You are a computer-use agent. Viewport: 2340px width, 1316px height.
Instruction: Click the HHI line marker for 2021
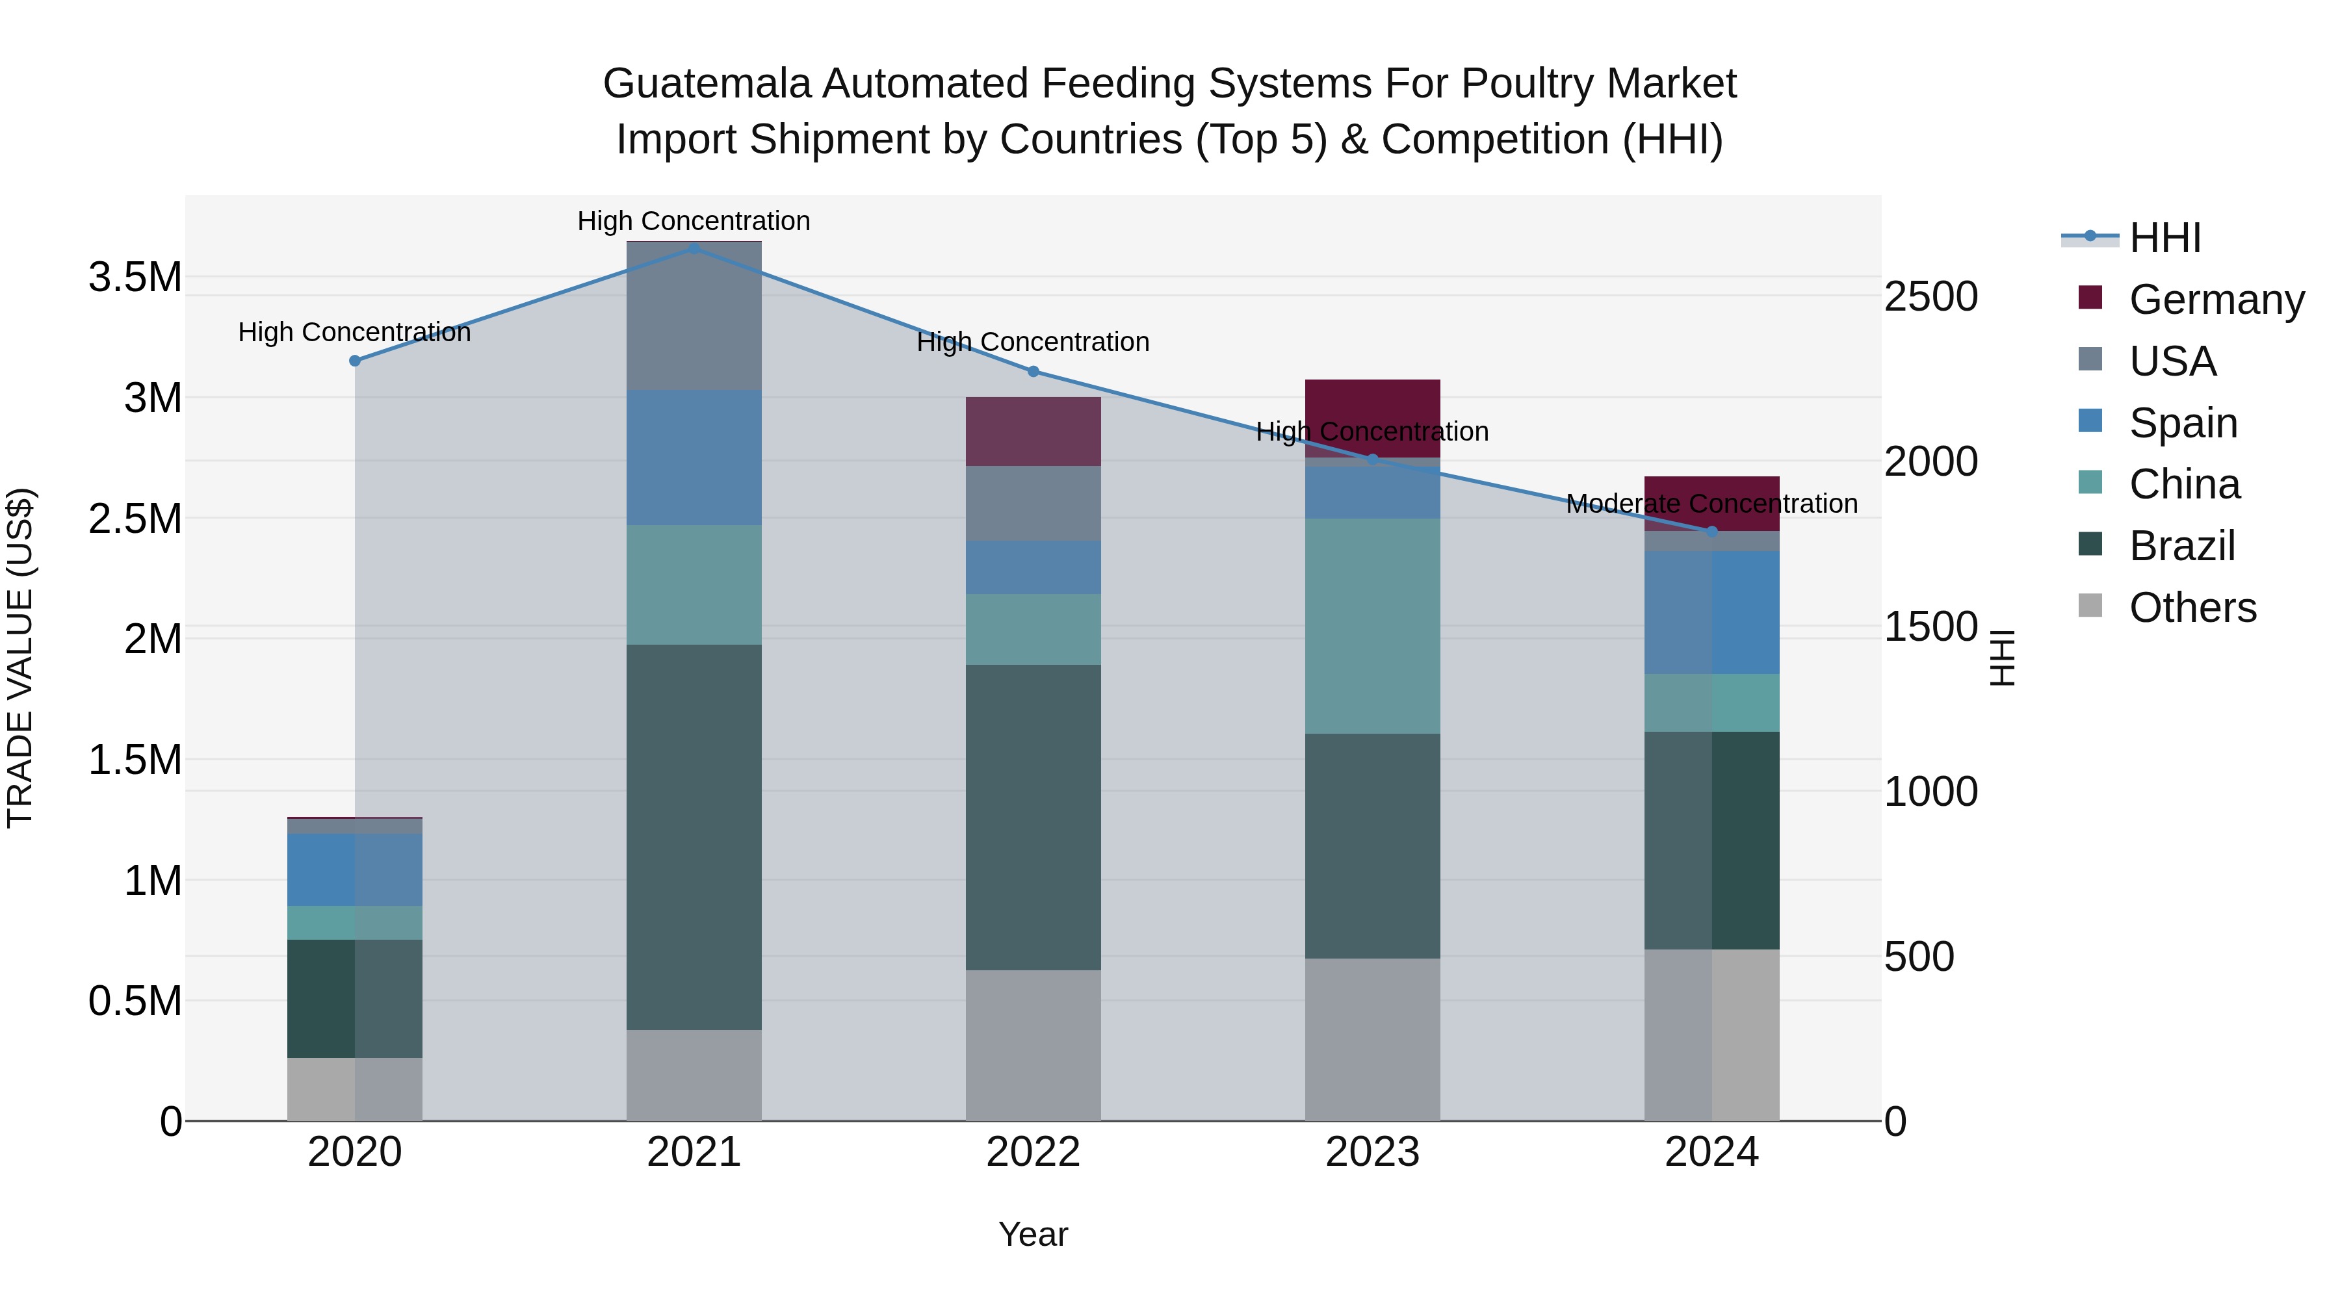click(694, 248)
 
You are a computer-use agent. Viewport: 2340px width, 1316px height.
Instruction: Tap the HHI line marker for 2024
click(1711, 532)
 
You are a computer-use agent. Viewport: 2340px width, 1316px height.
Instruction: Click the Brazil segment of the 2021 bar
click(694, 836)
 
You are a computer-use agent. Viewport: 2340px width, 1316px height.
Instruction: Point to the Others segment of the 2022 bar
click(1033, 1044)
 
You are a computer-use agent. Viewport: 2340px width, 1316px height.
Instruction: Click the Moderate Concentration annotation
click(1711, 503)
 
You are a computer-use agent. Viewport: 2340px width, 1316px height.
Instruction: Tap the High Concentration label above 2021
click(694, 221)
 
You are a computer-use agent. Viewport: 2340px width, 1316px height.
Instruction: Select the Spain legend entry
click(2182, 423)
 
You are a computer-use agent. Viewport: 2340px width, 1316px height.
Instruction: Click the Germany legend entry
click(2216, 300)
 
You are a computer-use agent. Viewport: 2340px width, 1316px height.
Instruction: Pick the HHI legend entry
click(2164, 238)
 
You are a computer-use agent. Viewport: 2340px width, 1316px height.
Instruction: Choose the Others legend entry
click(2192, 608)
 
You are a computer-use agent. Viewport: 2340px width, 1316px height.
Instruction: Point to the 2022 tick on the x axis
click(1033, 1152)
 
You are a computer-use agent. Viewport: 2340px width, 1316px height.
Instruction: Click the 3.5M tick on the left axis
click(135, 277)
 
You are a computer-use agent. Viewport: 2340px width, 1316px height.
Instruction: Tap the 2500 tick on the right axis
click(1930, 297)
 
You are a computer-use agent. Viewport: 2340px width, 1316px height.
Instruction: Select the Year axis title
click(1033, 1234)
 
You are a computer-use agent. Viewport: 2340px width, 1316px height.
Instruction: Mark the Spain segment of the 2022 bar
click(1033, 567)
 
